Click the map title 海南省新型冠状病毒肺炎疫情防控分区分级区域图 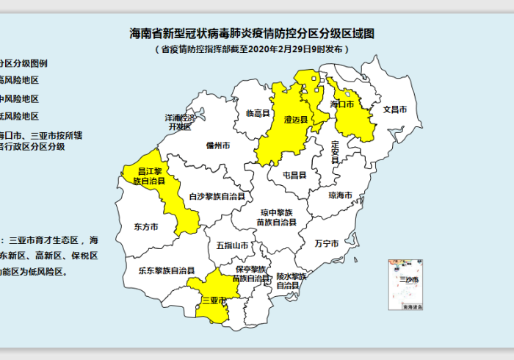point(252,34)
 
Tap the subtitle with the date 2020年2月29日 point(252,49)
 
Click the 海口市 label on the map point(342,105)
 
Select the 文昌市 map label point(400,109)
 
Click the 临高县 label point(257,113)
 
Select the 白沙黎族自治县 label point(217,197)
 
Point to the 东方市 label point(146,227)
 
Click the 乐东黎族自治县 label point(166,270)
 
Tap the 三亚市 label point(213,300)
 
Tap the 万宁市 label point(326,242)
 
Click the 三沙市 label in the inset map point(408,280)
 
